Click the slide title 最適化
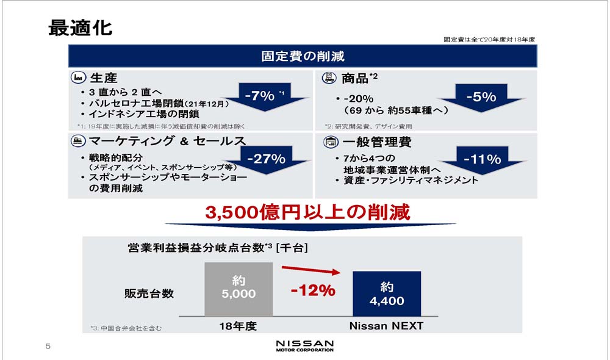pos(80,28)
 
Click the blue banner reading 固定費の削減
pos(303,56)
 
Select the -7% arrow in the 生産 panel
pos(265,96)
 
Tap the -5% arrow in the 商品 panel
pos(481,97)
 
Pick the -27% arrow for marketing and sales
pos(267,160)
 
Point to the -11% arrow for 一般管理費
pos(483,160)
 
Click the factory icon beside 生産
pos(78,77)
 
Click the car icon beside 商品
pos(329,78)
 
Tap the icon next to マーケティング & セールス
pos(78,140)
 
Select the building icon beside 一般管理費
pos(331,142)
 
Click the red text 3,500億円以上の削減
pos(307,212)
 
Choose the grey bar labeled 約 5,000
pos(239,289)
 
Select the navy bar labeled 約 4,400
pos(387,294)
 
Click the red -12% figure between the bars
pos(313,290)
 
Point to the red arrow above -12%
pos(311,270)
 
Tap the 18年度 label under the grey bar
pos(238,326)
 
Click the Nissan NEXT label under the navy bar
pos(386,326)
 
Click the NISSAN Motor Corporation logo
pos(304,346)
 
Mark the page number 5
pos(48,347)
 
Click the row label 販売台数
pos(149,293)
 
